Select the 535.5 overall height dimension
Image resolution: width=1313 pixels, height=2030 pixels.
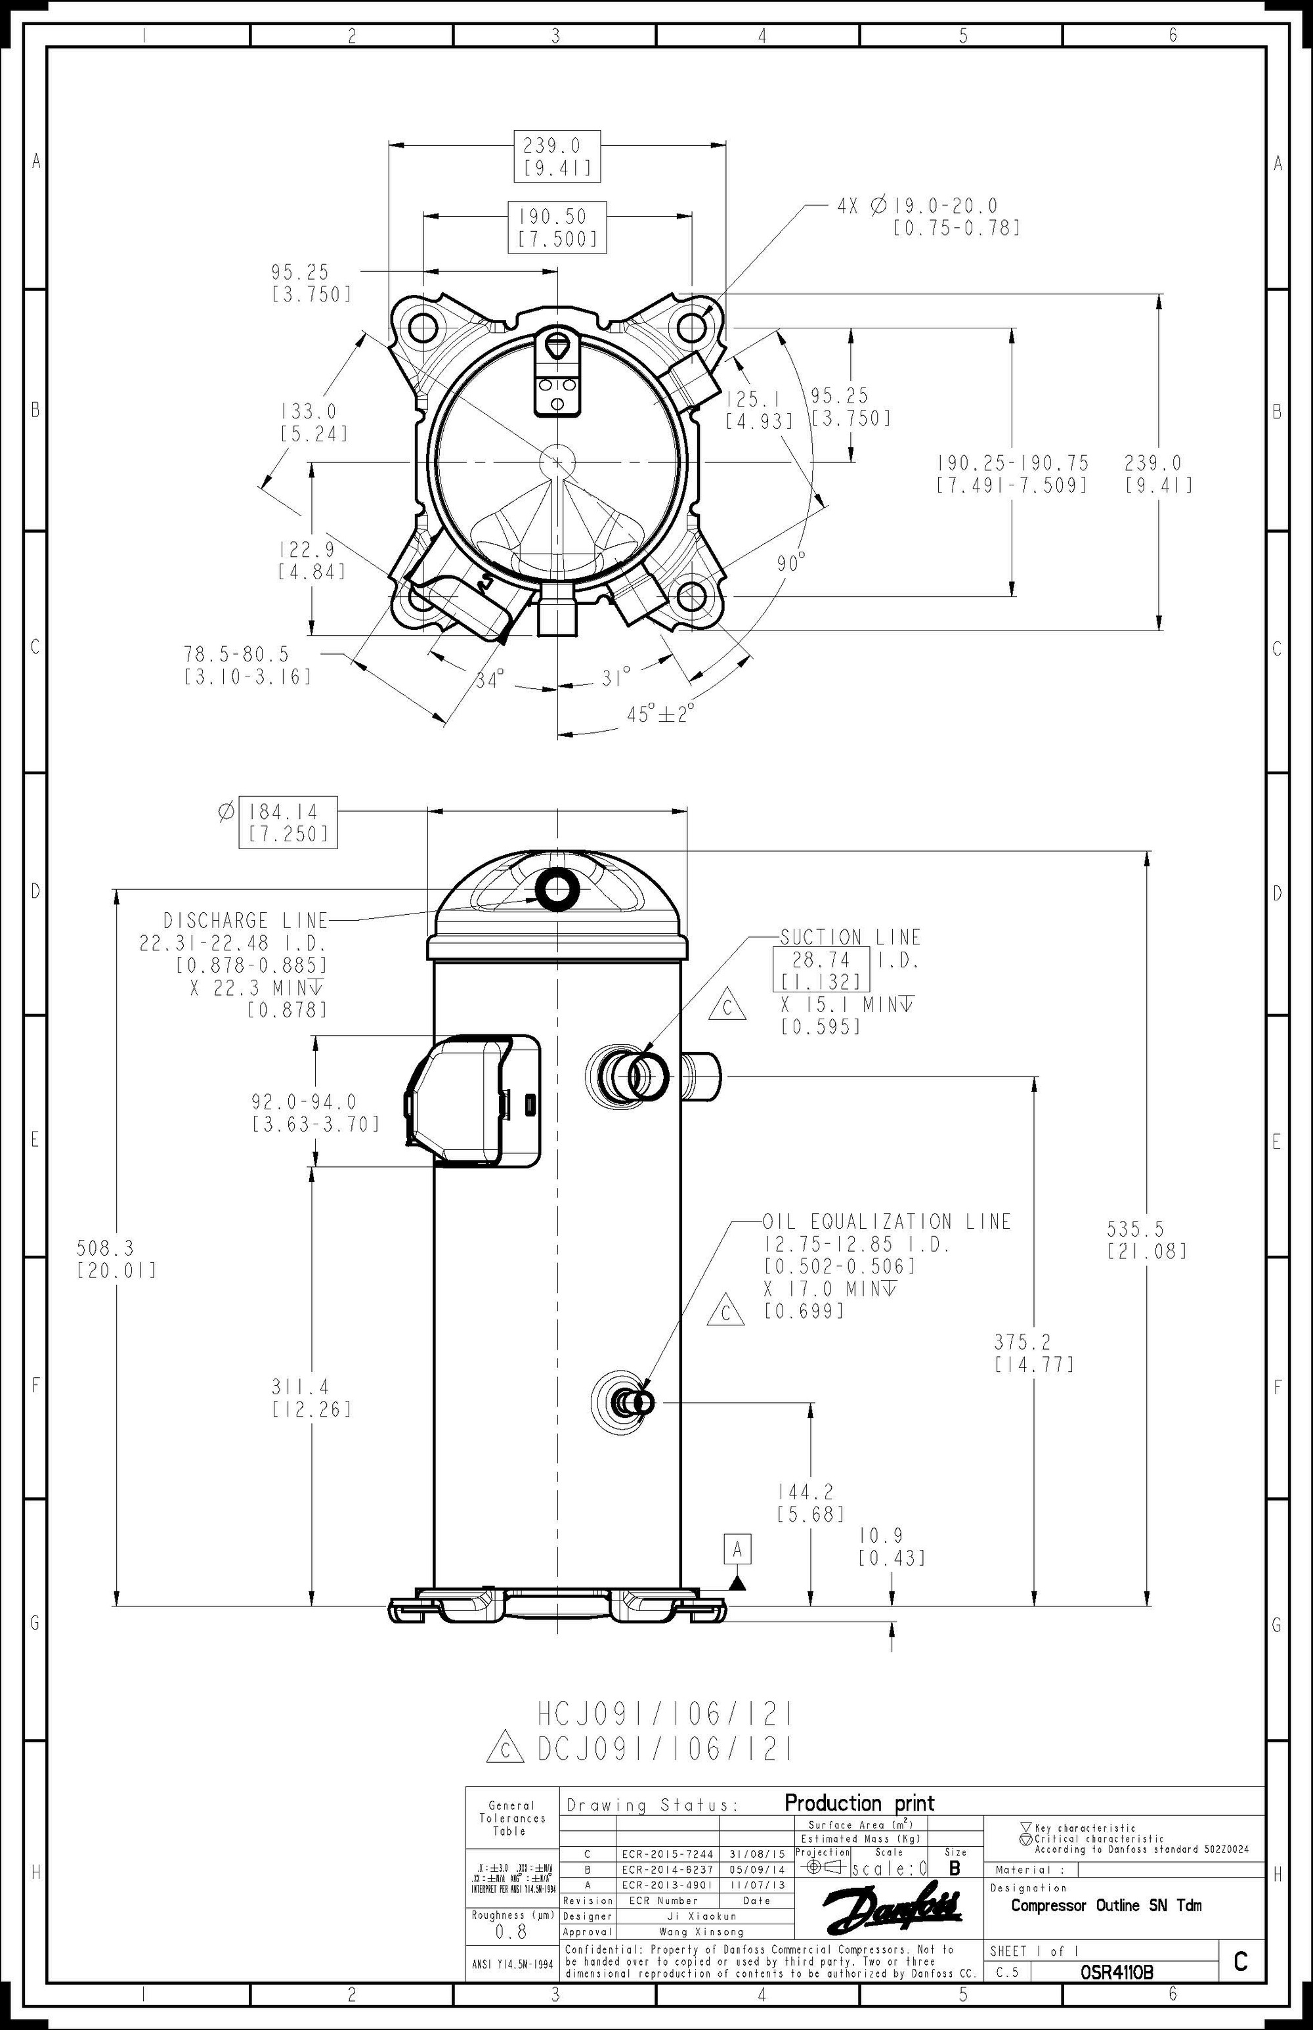tap(1147, 1239)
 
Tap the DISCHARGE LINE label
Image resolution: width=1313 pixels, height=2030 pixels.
tap(246, 920)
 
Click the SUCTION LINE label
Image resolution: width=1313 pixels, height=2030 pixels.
tap(850, 937)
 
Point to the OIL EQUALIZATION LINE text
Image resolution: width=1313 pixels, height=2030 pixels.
tap(887, 1222)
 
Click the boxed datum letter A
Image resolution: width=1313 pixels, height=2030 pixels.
tap(737, 1548)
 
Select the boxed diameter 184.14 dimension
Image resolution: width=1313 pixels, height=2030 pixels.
tap(288, 822)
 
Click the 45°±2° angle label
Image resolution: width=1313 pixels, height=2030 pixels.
tap(660, 713)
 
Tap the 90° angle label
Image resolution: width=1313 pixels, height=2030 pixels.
tap(790, 563)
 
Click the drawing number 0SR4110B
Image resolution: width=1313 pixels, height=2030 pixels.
tap(1116, 1973)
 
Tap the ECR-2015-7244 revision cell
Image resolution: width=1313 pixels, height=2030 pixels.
tap(667, 1854)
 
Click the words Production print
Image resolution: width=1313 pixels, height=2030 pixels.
tap(859, 1803)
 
